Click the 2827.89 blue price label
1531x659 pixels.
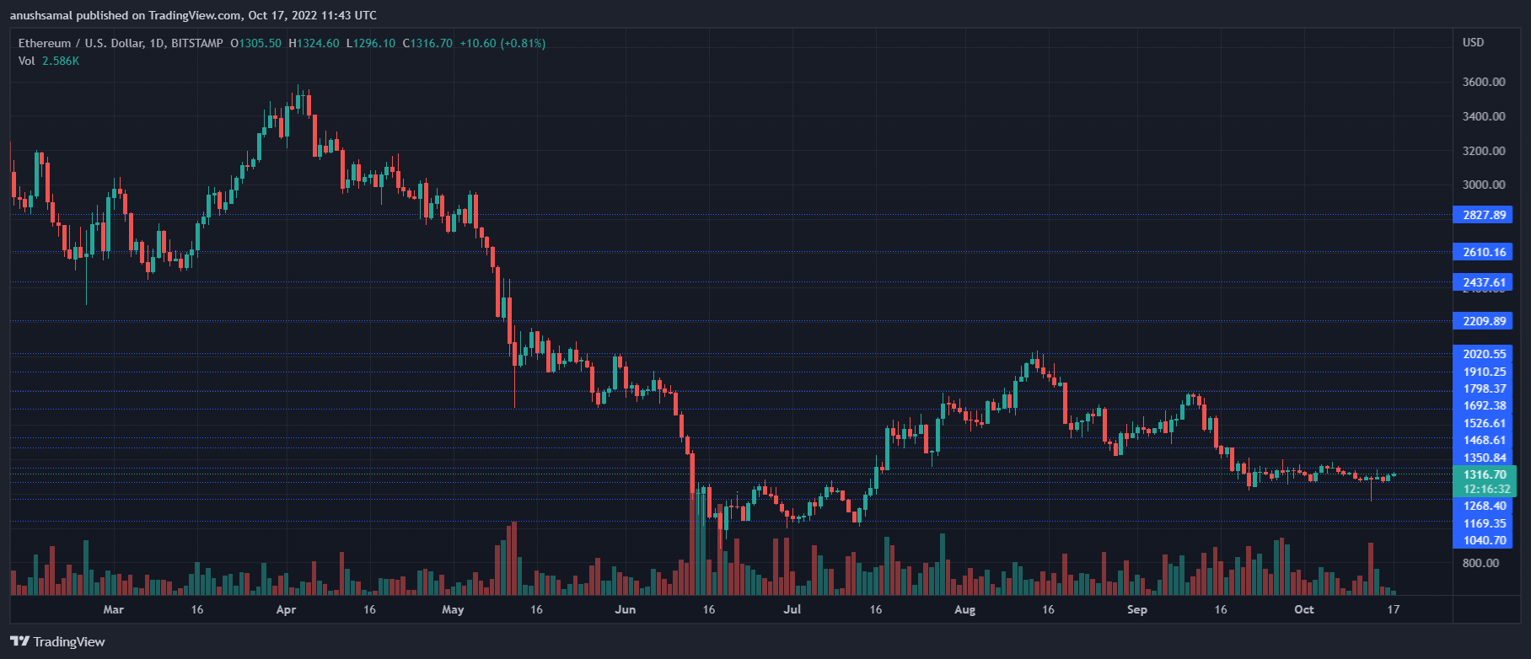1483,215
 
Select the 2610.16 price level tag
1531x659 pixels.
1483,252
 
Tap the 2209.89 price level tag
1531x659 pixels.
1483,321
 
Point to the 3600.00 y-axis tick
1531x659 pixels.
1483,82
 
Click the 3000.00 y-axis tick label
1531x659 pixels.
1483,185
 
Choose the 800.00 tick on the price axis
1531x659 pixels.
1480,563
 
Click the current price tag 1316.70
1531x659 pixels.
1484,474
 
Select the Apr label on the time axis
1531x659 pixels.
286,609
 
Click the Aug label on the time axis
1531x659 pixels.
964,609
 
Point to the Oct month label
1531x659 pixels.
1303,609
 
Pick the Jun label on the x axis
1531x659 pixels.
625,609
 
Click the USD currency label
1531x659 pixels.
1473,42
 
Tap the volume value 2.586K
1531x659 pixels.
61,61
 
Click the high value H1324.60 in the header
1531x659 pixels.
314,43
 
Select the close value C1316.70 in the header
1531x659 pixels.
427,43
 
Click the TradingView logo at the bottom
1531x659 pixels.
58,641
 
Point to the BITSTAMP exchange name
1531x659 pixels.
197,43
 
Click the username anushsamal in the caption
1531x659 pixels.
40,15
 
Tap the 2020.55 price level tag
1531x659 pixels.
1484,354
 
